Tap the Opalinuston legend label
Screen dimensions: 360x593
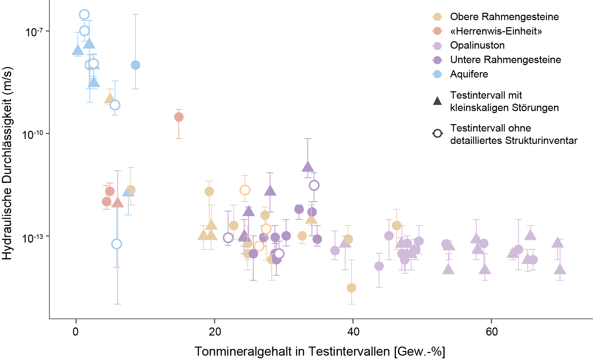[x=477, y=45]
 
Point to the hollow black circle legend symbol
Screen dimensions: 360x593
[x=437, y=134]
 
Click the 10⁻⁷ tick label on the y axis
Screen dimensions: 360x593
[x=34, y=32]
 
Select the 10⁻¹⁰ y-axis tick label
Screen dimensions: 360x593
[x=33, y=135]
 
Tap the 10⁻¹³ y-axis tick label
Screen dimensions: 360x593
[x=33, y=238]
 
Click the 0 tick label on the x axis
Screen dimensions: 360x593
[x=76, y=332]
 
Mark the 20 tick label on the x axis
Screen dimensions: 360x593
[x=215, y=332]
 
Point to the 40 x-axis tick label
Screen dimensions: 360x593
[x=353, y=332]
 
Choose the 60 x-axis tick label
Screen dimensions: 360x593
[x=492, y=332]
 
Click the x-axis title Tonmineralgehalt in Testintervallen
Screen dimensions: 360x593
[x=320, y=352]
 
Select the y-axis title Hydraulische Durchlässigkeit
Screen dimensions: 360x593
[x=7, y=163]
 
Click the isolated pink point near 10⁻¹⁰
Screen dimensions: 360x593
[x=179, y=117]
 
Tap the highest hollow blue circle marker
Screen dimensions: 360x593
[x=84, y=14]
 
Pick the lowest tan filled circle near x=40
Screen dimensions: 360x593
[x=351, y=288]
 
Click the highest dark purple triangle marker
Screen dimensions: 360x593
[x=308, y=167]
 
